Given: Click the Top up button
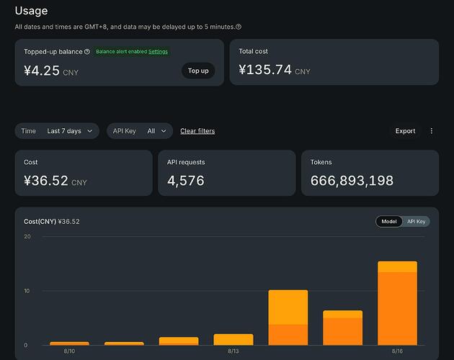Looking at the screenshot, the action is [x=198, y=71].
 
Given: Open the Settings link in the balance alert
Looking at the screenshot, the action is [x=158, y=52].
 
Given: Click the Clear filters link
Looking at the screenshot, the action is [x=197, y=131].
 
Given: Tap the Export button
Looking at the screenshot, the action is [x=405, y=131].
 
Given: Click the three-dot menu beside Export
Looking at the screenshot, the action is [x=432, y=131].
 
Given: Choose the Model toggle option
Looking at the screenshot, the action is [x=389, y=221].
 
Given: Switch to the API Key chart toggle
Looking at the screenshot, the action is [x=416, y=221].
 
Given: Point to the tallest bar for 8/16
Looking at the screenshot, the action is [x=397, y=303].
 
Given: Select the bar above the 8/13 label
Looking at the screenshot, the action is [x=233, y=339].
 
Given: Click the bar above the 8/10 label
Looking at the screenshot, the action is [x=69, y=343].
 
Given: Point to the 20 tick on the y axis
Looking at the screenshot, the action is [x=27, y=236].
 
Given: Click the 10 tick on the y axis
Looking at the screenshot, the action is [x=27, y=291].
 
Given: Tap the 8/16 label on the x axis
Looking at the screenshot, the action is [x=397, y=351].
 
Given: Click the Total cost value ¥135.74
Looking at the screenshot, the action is [x=265, y=70].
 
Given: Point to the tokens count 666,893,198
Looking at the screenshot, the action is [x=352, y=181].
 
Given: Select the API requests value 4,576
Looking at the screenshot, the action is [x=186, y=181].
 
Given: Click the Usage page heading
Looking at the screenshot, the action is [x=31, y=11].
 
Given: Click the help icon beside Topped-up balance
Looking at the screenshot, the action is [x=87, y=52].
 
